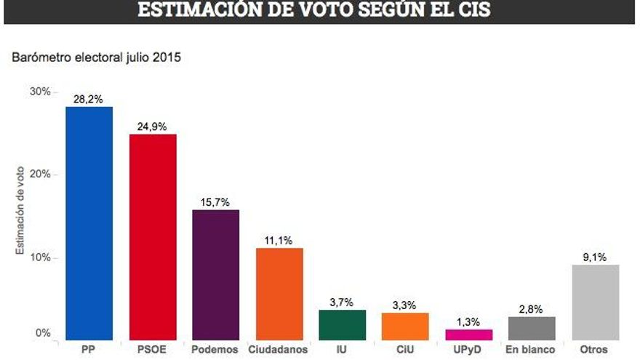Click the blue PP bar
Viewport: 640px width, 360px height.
click(89, 223)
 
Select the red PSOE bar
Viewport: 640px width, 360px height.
click(152, 237)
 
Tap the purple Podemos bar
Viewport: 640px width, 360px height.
click(215, 275)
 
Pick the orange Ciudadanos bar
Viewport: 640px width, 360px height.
click(279, 294)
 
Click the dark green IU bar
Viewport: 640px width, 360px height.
click(343, 325)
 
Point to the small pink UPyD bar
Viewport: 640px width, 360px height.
click(469, 335)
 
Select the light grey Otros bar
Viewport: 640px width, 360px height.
click(596, 303)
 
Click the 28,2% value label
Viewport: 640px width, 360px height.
click(89, 99)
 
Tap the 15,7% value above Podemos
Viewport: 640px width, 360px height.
click(215, 201)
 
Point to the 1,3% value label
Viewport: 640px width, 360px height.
click(469, 321)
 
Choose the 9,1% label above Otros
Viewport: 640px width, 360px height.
click(596, 257)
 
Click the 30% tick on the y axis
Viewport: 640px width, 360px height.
click(39, 92)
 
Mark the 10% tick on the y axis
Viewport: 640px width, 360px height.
click(39, 257)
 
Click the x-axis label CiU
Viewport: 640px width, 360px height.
click(405, 350)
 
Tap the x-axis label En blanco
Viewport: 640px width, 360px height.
click(532, 350)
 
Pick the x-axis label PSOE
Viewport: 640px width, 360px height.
click(152, 350)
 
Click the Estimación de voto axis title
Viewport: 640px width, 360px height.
click(20, 210)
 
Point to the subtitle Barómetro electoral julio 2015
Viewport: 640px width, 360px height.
click(95, 57)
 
